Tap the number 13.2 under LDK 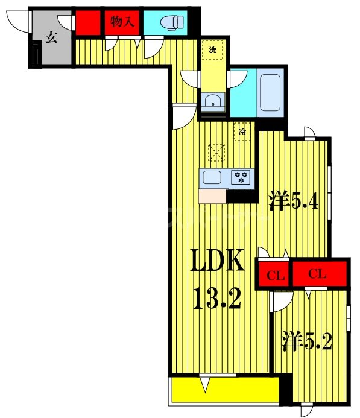click(x=217, y=297)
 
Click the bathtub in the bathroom click(x=271, y=92)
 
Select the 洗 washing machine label click(x=212, y=50)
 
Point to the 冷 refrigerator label click(x=242, y=130)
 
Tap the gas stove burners click(x=242, y=177)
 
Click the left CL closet click(x=275, y=276)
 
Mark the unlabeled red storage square click(x=87, y=23)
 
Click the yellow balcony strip click(x=223, y=390)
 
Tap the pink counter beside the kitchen click(x=212, y=195)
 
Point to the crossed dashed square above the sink click(x=216, y=152)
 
